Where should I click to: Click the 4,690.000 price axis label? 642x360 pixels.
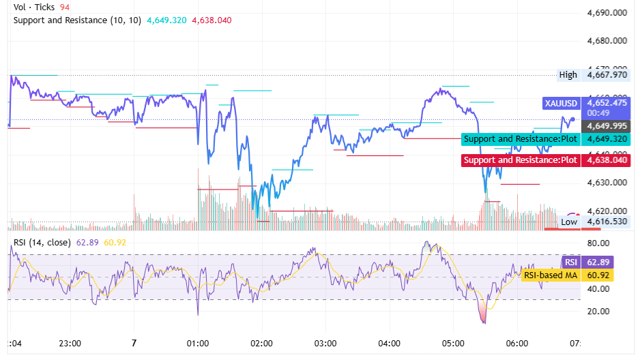(x=607, y=13)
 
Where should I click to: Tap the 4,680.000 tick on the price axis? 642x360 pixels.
(x=607, y=41)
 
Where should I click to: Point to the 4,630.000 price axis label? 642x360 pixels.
(x=607, y=183)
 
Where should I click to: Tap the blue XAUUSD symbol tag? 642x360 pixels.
(x=560, y=104)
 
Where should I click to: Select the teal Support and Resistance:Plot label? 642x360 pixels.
(x=520, y=139)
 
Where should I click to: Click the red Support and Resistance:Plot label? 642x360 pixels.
(x=520, y=160)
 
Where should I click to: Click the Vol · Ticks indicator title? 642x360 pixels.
(x=34, y=7)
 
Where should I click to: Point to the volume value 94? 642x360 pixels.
(x=65, y=7)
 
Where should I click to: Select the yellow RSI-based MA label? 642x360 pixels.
(x=551, y=275)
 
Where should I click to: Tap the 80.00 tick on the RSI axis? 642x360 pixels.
(x=598, y=243)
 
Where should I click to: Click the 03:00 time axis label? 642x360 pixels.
(x=325, y=343)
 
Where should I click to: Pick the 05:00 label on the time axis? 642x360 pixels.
(x=453, y=343)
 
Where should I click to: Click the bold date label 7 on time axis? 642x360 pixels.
(x=134, y=343)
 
